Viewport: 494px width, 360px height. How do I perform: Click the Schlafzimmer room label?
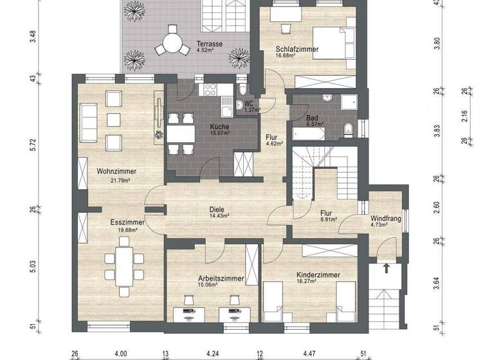(x=298, y=49)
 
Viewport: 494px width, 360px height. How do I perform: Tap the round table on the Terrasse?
(x=171, y=42)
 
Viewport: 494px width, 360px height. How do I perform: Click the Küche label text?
(x=219, y=127)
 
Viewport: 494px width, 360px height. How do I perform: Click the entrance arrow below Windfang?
(x=387, y=267)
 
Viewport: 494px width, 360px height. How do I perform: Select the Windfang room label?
(x=385, y=219)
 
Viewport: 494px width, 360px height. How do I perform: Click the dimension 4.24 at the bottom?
(x=213, y=353)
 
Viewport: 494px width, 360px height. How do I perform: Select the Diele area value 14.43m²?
(x=220, y=216)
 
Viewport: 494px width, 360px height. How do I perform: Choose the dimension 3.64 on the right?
(x=437, y=282)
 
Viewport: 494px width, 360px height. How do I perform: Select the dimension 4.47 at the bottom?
(x=310, y=353)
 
